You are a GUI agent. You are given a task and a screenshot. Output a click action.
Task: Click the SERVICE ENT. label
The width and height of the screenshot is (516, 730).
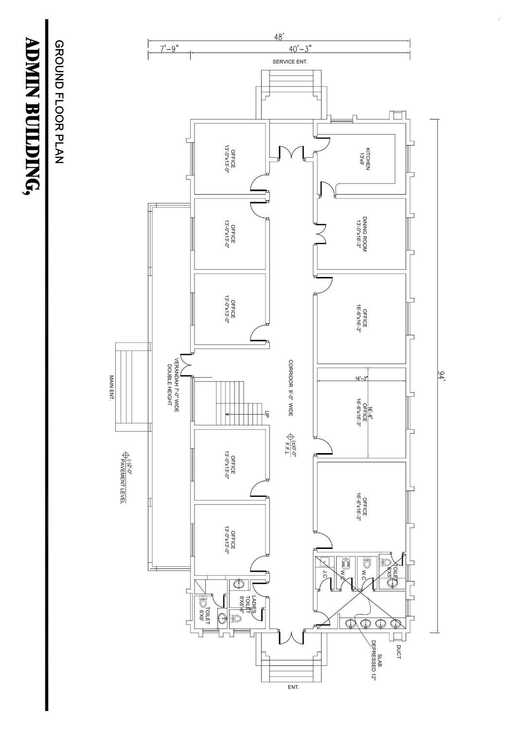[x=290, y=62]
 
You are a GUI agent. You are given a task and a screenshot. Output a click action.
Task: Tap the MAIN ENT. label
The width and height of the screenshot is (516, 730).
[x=111, y=388]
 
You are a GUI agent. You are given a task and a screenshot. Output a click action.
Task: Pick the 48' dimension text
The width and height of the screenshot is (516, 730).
[x=279, y=36]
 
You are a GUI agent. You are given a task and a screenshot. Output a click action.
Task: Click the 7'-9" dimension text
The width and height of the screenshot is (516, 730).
[x=169, y=48]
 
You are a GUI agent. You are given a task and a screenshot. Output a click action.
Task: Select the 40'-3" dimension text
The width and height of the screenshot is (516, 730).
[x=300, y=48]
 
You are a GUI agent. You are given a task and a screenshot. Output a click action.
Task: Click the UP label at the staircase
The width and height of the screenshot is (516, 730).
[x=267, y=414]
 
